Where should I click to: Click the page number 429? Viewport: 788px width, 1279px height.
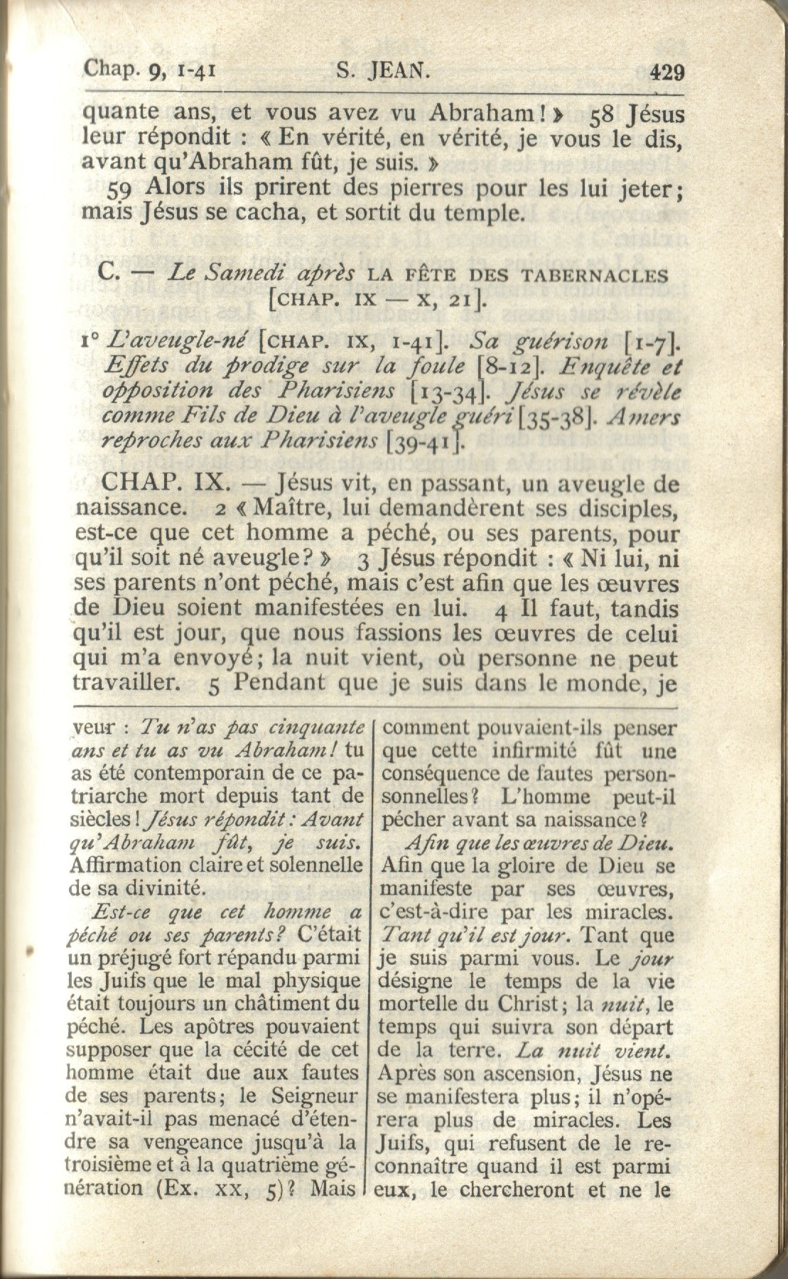point(666,72)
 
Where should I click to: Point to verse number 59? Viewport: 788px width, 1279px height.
point(124,188)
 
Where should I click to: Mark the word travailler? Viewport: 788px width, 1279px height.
point(125,683)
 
